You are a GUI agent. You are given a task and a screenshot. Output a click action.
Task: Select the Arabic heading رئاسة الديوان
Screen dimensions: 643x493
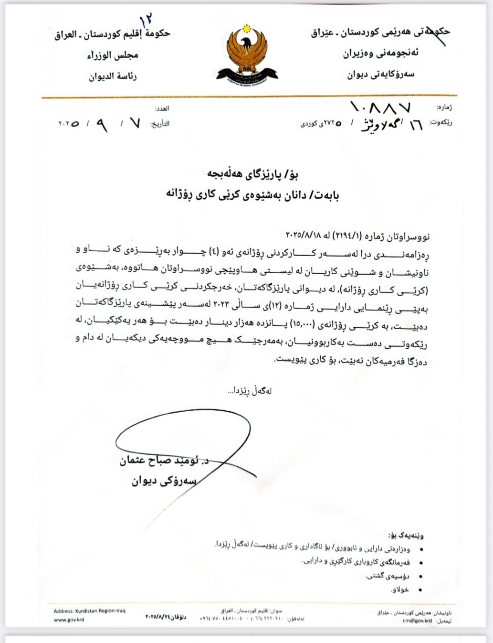click(113, 76)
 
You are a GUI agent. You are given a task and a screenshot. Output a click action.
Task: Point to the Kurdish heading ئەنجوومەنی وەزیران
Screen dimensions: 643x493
click(380, 54)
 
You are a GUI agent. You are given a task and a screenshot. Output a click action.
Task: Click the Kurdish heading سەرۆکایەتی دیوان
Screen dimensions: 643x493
click(380, 74)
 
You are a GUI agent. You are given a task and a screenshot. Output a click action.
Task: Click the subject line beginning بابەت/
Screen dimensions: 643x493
click(252, 195)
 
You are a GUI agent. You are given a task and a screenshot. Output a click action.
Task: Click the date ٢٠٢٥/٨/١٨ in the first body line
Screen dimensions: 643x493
click(304, 235)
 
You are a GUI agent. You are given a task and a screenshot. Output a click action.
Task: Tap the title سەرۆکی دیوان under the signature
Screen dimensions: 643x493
click(164, 481)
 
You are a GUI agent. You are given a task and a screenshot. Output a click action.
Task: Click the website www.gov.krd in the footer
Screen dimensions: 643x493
click(69, 620)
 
